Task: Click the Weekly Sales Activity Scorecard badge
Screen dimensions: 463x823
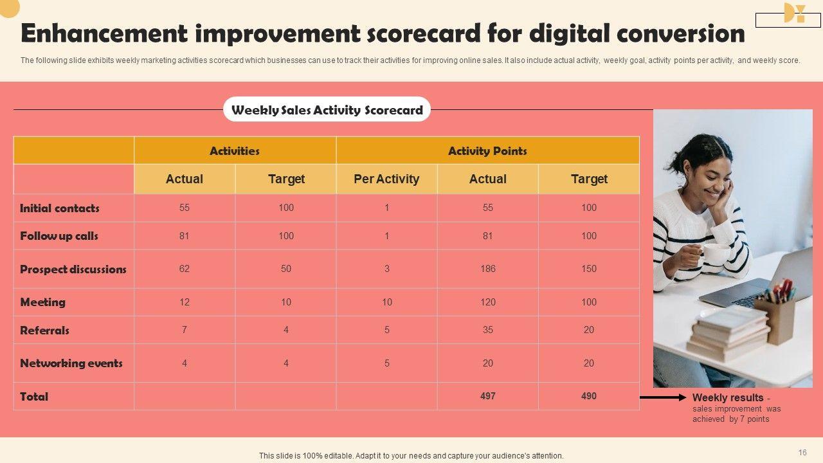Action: (x=327, y=110)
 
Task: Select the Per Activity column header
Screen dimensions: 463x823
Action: (x=386, y=179)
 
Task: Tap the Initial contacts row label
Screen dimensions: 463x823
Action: (x=60, y=208)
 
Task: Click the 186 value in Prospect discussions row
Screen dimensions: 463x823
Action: (x=488, y=269)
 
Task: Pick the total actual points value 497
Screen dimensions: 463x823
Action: (x=488, y=396)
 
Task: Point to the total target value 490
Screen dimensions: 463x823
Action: (x=589, y=396)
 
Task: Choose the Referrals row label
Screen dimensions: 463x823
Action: (x=45, y=331)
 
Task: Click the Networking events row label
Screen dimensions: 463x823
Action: (x=71, y=363)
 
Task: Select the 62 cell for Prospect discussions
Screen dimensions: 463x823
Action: (x=185, y=269)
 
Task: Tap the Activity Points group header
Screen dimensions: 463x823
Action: (x=487, y=151)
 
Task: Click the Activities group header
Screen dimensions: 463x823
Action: (x=235, y=151)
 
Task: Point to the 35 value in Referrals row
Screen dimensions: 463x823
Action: (x=488, y=330)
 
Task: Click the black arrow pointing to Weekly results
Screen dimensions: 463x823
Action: (x=663, y=397)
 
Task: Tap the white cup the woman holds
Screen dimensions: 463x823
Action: (x=716, y=253)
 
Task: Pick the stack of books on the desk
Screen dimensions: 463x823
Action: (x=728, y=333)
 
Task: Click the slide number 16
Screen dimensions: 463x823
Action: (x=802, y=453)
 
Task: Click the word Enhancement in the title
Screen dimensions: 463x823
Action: (x=104, y=33)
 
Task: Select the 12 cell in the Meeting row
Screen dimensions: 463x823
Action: (x=185, y=302)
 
